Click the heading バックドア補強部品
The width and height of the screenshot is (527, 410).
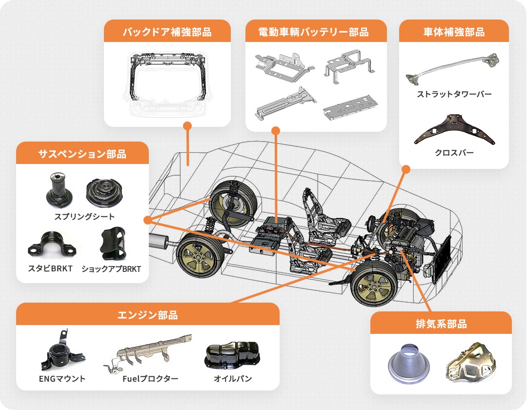click(167, 32)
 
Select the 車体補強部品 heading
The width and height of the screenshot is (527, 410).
click(454, 32)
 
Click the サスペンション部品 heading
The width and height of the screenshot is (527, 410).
click(82, 154)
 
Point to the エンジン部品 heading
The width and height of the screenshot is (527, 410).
click(147, 315)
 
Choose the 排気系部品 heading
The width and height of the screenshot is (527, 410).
click(441, 324)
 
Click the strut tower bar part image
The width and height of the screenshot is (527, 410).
click(453, 68)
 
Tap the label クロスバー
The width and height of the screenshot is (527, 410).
click(454, 153)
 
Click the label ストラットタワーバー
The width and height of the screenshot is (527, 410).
click(454, 94)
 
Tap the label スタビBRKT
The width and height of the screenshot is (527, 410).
click(50, 268)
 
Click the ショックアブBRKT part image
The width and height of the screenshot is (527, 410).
click(113, 244)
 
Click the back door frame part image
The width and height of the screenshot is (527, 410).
click(167, 81)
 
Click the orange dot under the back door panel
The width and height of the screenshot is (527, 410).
click(187, 125)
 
